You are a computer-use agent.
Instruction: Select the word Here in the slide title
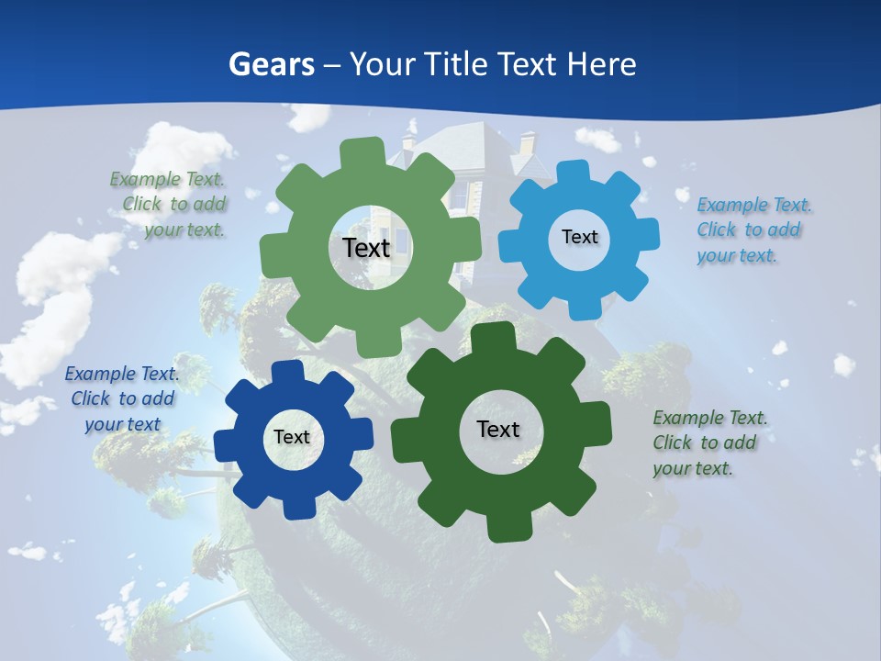(601, 64)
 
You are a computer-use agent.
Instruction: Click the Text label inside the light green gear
(366, 248)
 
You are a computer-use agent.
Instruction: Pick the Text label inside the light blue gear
(579, 237)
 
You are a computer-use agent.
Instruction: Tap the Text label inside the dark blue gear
(292, 437)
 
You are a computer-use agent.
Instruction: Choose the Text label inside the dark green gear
(498, 429)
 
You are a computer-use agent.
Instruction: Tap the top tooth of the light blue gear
(573, 172)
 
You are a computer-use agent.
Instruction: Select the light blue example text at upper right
(753, 230)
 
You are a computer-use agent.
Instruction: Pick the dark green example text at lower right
(708, 443)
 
